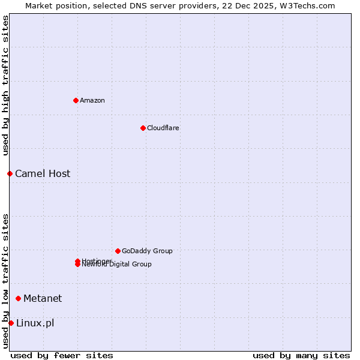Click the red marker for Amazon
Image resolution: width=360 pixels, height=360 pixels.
76,100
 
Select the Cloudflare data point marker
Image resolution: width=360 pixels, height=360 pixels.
143,128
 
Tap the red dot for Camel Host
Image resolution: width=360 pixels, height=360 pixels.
10,173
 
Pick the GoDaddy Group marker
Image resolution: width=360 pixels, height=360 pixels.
118,251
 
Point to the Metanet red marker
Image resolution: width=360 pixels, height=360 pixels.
18,298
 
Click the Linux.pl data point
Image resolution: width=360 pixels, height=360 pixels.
11,323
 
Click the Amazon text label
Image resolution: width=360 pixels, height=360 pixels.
92,100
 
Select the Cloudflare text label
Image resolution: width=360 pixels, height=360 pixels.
163,128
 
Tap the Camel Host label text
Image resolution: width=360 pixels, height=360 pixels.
43,173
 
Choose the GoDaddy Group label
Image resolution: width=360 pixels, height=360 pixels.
147,251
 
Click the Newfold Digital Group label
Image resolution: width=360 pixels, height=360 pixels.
117,265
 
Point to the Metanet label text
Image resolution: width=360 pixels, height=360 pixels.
43,298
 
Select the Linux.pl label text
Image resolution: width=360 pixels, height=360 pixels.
35,323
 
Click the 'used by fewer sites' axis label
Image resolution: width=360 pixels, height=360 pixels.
62,355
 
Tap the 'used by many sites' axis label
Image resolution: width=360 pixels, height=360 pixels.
301,355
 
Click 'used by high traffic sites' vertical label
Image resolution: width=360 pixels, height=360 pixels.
5,85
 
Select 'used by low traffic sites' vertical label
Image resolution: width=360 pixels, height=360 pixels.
5,281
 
